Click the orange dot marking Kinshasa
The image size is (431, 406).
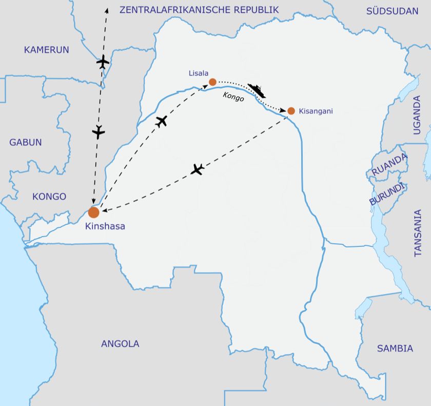[93, 212]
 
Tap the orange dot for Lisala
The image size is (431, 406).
[212, 82]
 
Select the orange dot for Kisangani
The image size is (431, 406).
[291, 110]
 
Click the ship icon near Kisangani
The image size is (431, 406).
[257, 90]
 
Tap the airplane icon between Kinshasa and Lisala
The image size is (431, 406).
[162, 122]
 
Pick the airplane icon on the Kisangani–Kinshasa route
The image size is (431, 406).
[198, 169]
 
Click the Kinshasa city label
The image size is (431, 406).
[105, 226]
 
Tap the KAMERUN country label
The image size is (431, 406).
[46, 50]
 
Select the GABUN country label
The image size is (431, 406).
[26, 142]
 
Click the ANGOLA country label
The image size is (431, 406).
[120, 344]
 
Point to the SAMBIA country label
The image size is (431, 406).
[395, 349]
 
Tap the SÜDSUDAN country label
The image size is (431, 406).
[393, 11]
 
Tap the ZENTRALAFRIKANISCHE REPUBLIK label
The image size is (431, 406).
[199, 10]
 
